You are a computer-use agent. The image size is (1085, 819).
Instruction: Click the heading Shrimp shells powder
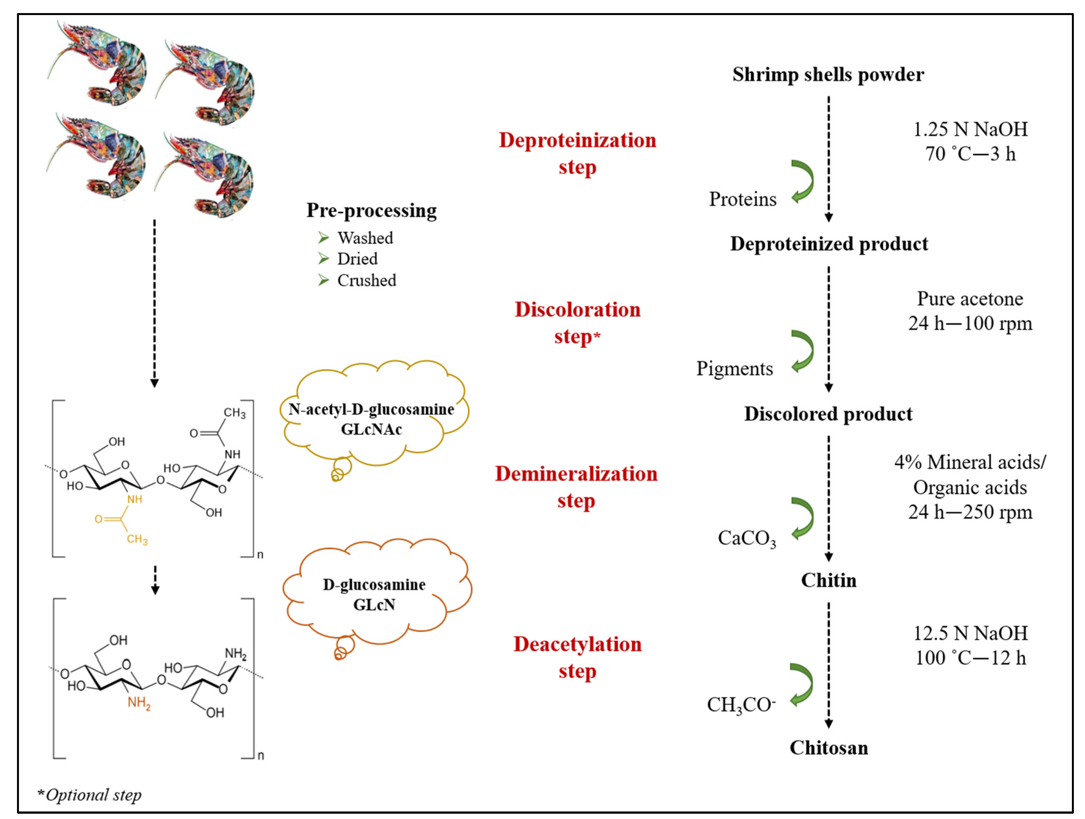(x=828, y=75)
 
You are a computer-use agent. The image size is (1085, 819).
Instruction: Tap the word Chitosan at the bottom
(x=828, y=747)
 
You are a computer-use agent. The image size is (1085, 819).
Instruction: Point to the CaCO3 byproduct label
(x=746, y=538)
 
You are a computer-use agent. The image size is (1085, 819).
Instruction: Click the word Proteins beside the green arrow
(x=743, y=199)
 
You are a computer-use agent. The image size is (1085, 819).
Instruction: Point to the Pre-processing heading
(x=371, y=210)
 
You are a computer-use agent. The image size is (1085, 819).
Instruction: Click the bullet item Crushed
(x=366, y=281)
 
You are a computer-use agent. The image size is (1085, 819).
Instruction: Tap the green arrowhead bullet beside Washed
(x=323, y=238)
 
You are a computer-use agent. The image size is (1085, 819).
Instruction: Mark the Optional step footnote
(x=90, y=794)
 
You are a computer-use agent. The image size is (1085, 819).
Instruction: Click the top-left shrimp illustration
(x=98, y=64)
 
